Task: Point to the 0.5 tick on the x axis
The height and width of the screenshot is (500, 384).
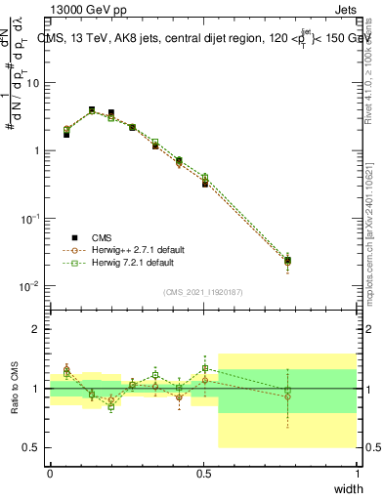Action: click(203, 474)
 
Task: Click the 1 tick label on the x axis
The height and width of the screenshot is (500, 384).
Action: click(357, 474)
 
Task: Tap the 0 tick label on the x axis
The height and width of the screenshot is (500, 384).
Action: click(50, 474)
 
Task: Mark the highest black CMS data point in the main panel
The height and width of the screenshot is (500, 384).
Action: click(92, 109)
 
